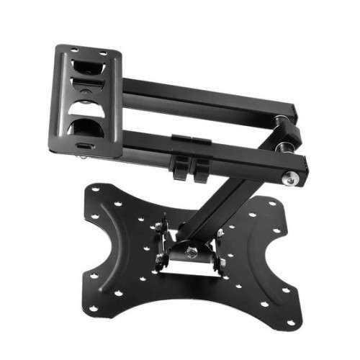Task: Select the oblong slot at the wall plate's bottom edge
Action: coord(84,144)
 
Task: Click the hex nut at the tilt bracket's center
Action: coord(192,251)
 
